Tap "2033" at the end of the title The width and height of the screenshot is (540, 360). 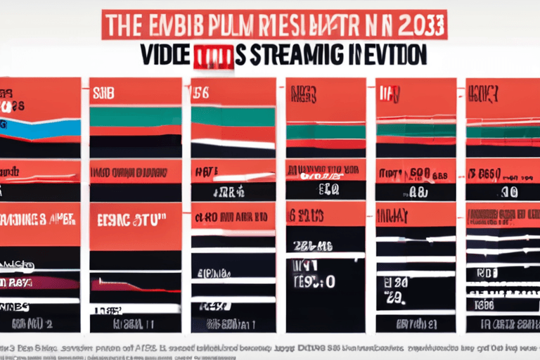421,22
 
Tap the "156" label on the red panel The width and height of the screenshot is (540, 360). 202,91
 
